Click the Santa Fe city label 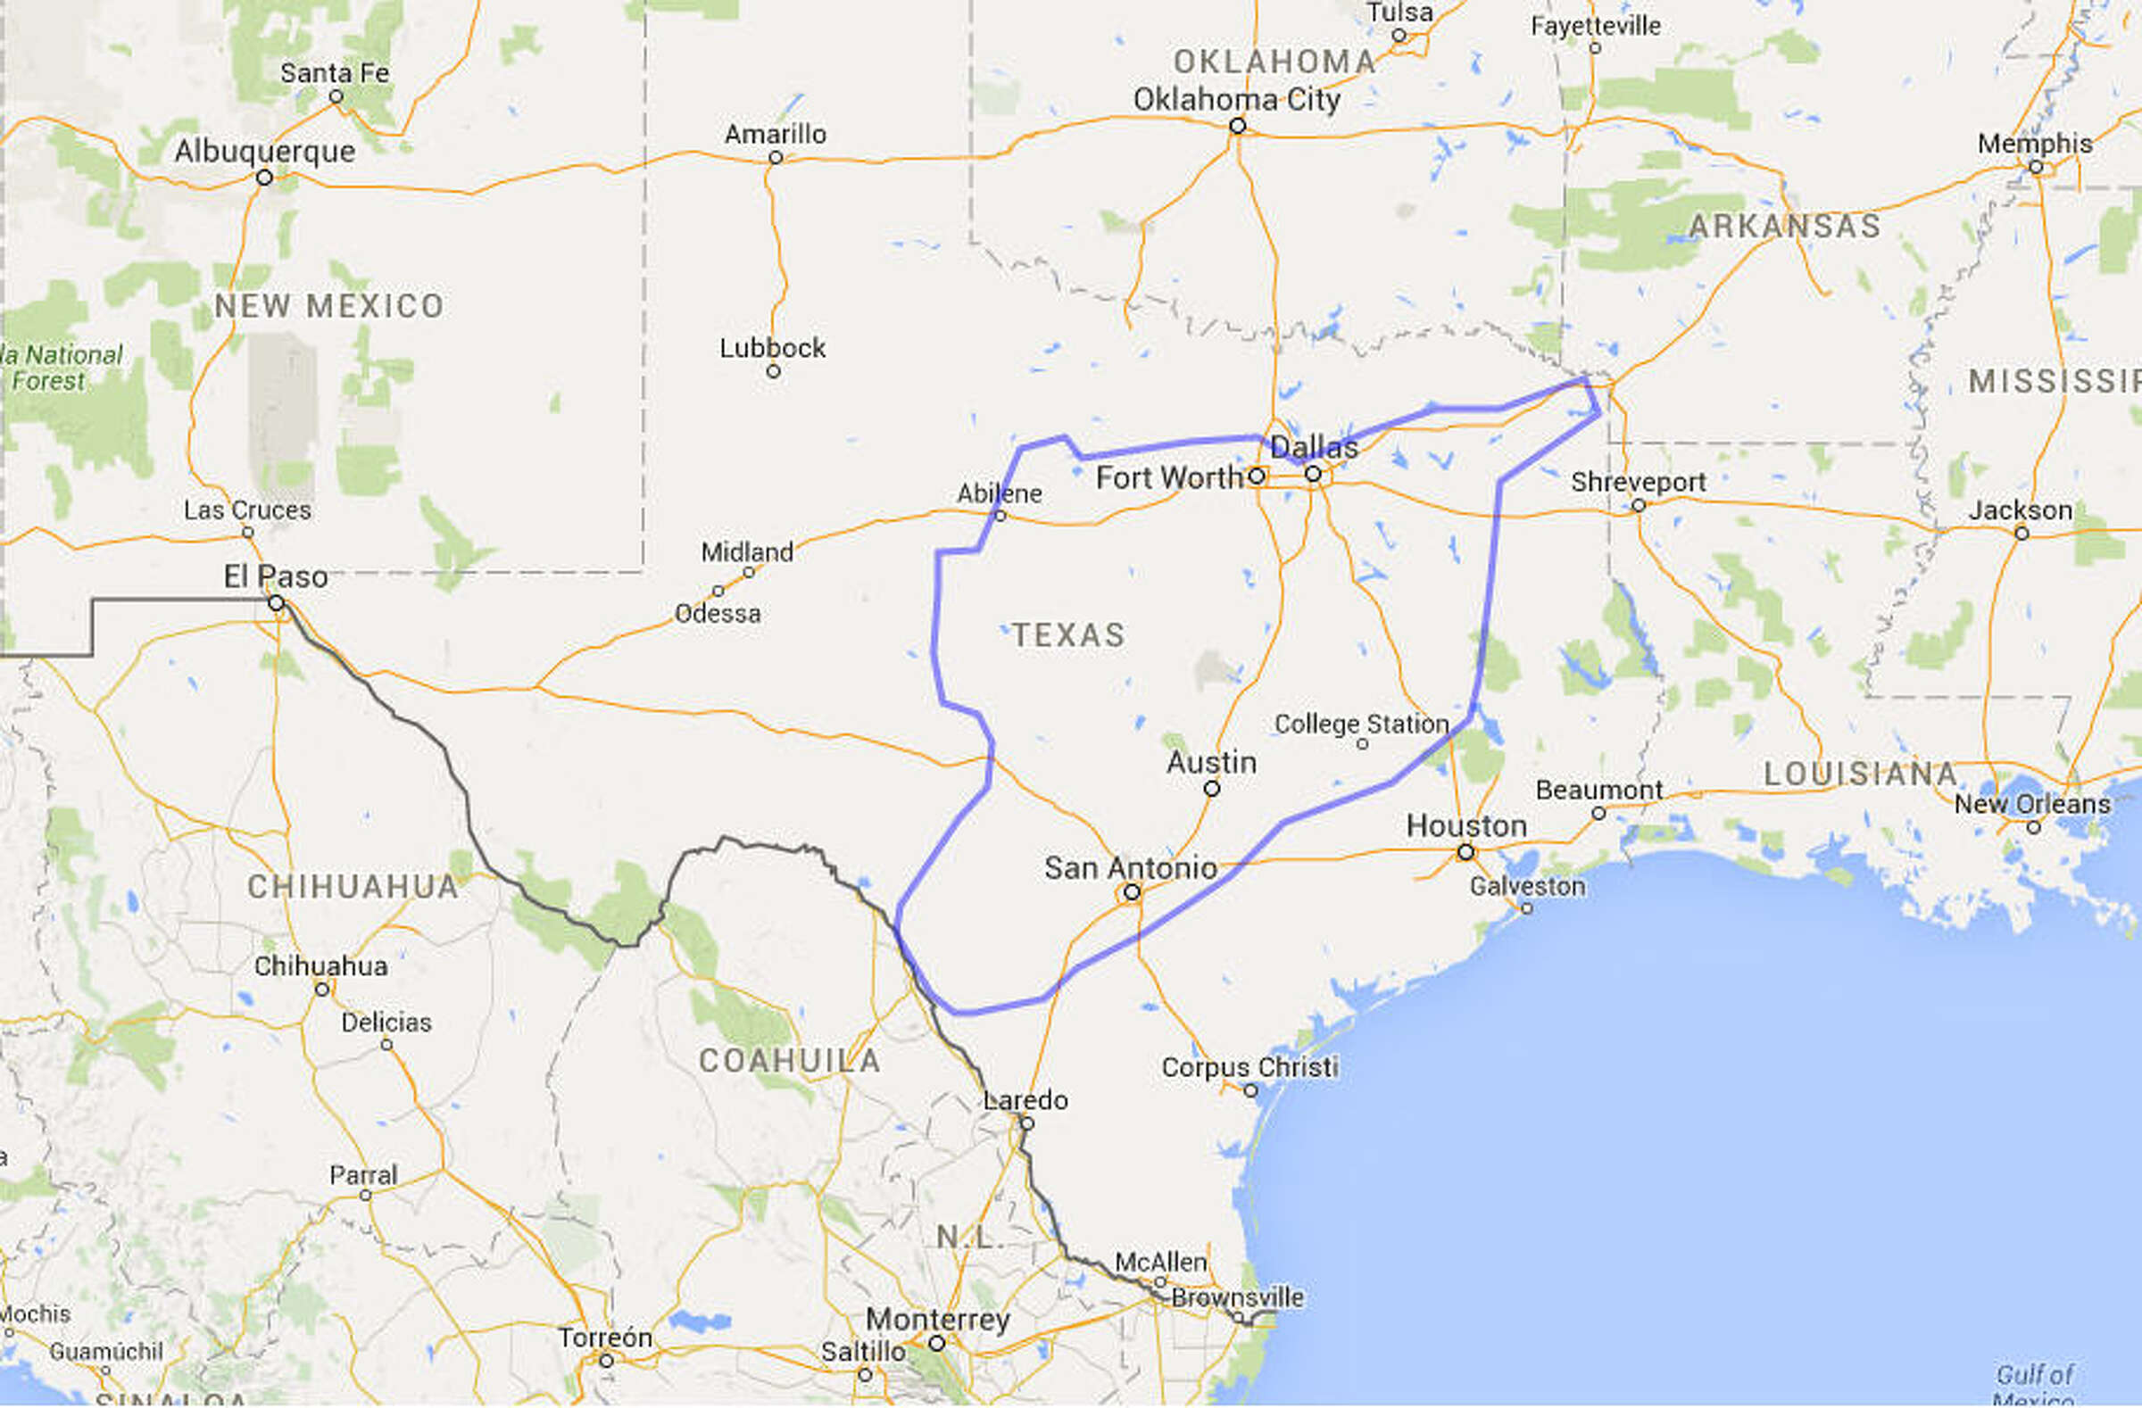pos(335,73)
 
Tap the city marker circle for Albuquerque pos(263,178)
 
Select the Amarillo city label pos(775,134)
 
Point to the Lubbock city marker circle pos(773,371)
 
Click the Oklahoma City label pos(1236,100)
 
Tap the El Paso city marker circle pos(277,603)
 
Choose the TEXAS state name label pos(1068,635)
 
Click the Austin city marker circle pos(1211,789)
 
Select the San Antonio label pos(1131,868)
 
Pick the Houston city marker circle pos(1465,851)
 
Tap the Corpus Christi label pos(1249,1067)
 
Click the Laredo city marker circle pos(1026,1123)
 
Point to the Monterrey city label pos(938,1320)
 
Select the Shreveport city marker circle pos(1638,506)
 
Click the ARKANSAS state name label pos(1784,226)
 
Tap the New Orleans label pos(2032,803)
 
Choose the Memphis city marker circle pos(2035,168)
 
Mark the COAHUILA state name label pos(789,1061)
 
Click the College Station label pos(1361,725)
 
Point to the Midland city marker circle pos(748,573)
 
